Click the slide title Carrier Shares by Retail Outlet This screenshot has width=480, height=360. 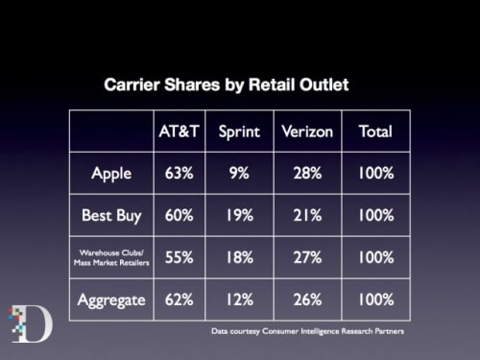[226, 85]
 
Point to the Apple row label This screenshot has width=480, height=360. [111, 174]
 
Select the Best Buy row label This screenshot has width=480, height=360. [111, 216]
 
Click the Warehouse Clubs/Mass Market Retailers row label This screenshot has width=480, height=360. [111, 258]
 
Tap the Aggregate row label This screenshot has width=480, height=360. [111, 300]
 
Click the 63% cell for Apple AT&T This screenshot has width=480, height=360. [178, 174]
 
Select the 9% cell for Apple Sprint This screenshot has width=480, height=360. [241, 174]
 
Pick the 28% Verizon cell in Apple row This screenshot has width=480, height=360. [308, 174]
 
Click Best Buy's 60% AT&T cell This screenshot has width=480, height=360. [178, 216]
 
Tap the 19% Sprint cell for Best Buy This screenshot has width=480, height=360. [241, 216]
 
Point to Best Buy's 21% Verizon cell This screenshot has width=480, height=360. [308, 216]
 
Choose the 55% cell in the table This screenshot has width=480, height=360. [178, 258]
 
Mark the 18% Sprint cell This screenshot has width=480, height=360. [241, 258]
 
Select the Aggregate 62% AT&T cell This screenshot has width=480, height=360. [178, 300]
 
